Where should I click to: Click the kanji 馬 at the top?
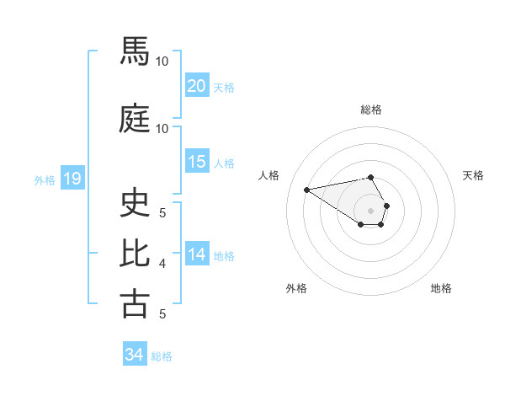[135, 51]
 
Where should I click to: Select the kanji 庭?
[135, 117]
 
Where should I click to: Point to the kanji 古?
[135, 302]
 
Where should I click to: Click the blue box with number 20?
[196, 86]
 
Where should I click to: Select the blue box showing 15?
[196, 162]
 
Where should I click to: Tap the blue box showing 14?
[196, 254]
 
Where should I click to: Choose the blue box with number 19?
[72, 179]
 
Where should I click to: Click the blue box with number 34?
[134, 355]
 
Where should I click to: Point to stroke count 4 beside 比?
[162, 264]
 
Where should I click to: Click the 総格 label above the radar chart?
[371, 110]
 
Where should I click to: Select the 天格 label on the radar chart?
[474, 175]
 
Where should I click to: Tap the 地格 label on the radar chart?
[441, 288]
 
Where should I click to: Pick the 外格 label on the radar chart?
[296, 288]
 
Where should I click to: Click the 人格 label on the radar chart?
[269, 175]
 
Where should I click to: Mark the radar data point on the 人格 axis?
[306, 189]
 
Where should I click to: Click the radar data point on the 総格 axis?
[371, 177]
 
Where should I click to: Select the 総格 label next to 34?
[162, 356]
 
